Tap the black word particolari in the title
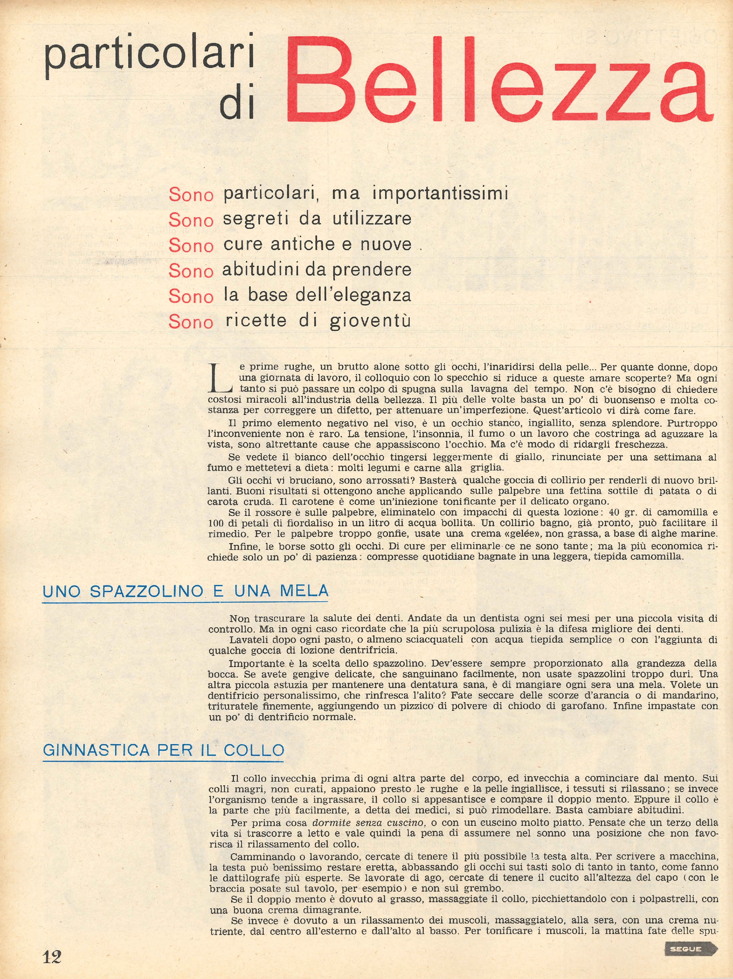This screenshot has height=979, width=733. pos(150,55)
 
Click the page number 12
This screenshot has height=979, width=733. pos(52,957)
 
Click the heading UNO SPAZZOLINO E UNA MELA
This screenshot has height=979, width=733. pos(185,591)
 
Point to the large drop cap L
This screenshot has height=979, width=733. pos(220,379)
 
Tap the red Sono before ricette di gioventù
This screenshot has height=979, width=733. pos(191,322)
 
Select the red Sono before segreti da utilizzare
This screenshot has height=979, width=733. pos(191,220)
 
